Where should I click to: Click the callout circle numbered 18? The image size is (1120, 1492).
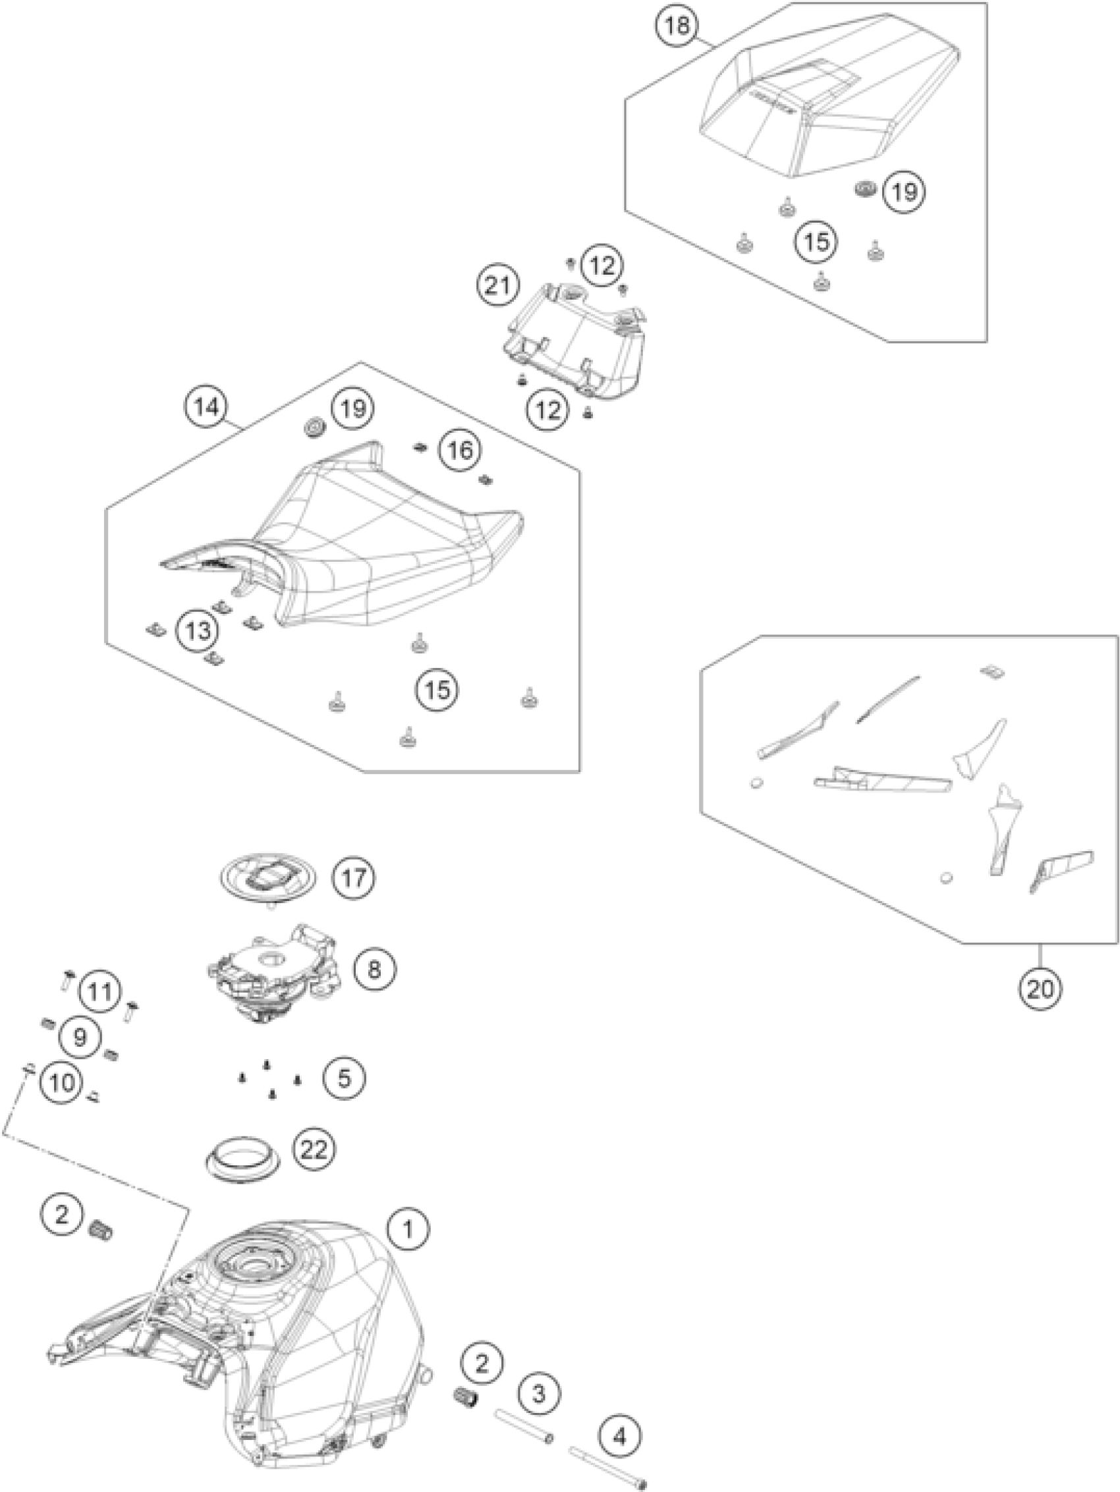[677, 26]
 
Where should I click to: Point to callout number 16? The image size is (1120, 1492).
[460, 450]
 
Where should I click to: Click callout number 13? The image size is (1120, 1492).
[197, 631]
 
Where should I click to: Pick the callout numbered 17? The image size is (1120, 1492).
[354, 878]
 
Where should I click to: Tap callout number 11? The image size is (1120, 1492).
[100, 992]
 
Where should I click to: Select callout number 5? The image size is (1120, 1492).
[343, 1078]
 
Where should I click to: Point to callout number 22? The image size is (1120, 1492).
[314, 1149]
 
